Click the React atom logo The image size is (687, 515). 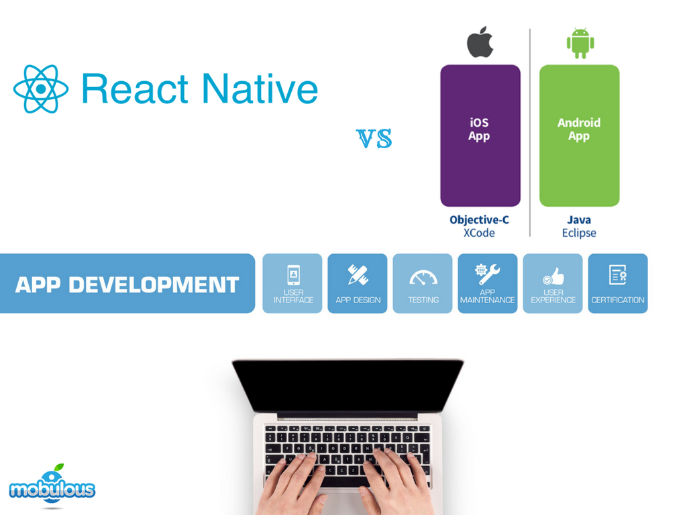tap(41, 89)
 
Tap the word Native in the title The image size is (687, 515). tap(260, 89)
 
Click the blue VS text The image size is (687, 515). tap(374, 139)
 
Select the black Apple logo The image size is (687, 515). tap(480, 43)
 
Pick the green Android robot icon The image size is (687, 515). tap(580, 43)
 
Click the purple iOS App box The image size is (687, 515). tap(480, 135)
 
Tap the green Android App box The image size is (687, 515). tap(579, 135)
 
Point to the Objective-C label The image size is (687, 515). tap(479, 220)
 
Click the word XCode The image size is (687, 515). tap(479, 233)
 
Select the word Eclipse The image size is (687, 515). tap(579, 233)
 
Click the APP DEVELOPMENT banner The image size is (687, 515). tap(127, 284)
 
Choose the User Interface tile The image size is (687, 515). tap(293, 284)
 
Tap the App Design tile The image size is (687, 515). tap(358, 284)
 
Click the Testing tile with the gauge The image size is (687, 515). tap(423, 284)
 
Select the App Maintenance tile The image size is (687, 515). tap(488, 284)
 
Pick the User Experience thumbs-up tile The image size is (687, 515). tap(553, 284)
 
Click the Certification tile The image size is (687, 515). tap(618, 284)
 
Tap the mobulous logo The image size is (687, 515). tap(52, 487)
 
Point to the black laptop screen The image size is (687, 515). tap(348, 385)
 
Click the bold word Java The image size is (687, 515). tap(579, 220)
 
